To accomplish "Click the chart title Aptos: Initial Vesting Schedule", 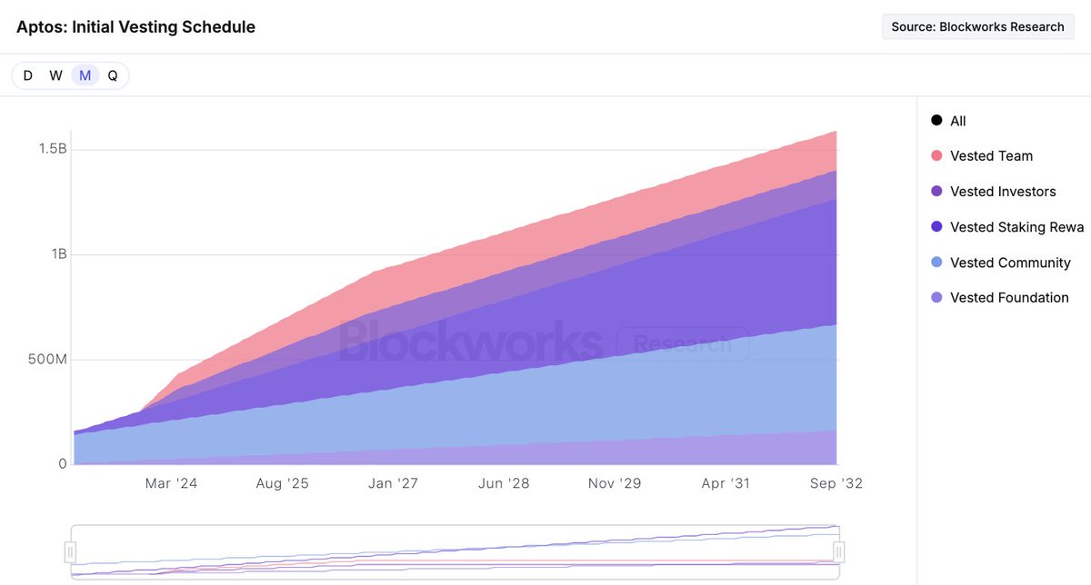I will [135, 27].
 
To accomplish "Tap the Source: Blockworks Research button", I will [977, 27].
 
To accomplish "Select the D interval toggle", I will [28, 75].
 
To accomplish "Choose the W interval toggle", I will [55, 75].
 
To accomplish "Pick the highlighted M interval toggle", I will [85, 75].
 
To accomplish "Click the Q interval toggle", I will [113, 75].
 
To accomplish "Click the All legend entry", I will [957, 121].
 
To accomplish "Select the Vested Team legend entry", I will [991, 156].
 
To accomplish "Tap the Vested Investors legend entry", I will [1002, 192].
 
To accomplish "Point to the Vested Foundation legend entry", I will [1008, 298].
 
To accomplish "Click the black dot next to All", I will [936, 121].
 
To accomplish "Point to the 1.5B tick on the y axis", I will [52, 149].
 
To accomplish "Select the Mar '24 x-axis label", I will [171, 483].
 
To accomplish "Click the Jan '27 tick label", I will [393, 483].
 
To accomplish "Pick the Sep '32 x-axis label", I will [836, 483].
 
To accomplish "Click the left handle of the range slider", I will [71, 551].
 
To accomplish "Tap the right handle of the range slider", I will [839, 551].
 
